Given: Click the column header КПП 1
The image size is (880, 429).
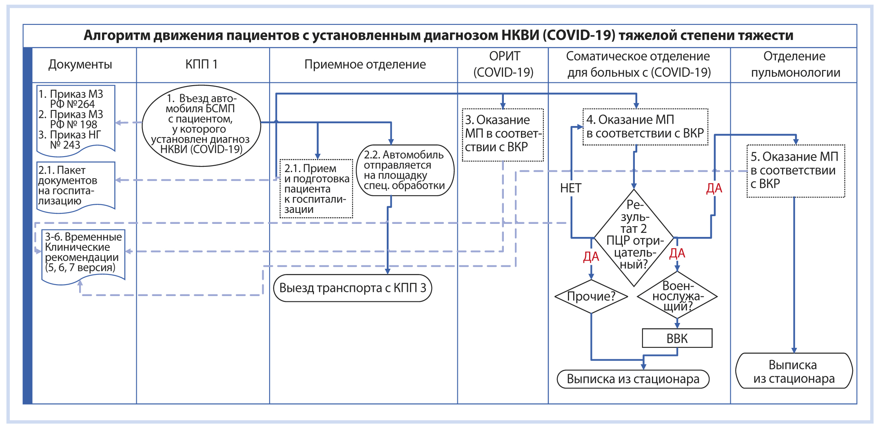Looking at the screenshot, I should pyautogui.click(x=202, y=64).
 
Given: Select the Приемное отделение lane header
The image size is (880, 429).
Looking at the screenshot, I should pyautogui.click(x=365, y=64).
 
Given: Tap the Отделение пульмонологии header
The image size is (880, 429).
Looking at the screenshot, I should pyautogui.click(x=795, y=64).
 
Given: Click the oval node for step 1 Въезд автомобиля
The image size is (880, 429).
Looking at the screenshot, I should pyautogui.click(x=201, y=126).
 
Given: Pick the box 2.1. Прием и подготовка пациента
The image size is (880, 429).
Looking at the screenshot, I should pyautogui.click(x=316, y=188).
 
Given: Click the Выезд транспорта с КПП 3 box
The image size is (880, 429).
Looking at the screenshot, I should pyautogui.click(x=352, y=288).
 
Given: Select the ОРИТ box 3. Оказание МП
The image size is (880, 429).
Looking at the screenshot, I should pyautogui.click(x=503, y=135).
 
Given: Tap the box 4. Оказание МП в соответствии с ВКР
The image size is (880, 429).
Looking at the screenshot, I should pyautogui.click(x=645, y=127).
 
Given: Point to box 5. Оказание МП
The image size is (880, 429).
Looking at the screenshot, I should pyautogui.click(x=795, y=171).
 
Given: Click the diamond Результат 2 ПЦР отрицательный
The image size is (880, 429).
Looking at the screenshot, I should pyautogui.click(x=634, y=238).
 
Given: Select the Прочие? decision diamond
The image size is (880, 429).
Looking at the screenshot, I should pyautogui.click(x=591, y=296).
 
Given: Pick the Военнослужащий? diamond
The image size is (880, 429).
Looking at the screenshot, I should pyautogui.click(x=677, y=296).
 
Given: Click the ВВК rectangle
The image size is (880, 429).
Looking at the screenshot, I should pyautogui.click(x=677, y=338).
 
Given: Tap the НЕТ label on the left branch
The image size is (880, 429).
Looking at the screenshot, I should pyautogui.click(x=570, y=188).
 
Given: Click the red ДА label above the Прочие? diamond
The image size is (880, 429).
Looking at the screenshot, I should pyautogui.click(x=591, y=257).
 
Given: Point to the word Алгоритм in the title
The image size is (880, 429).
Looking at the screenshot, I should pyautogui.click(x=117, y=35).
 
